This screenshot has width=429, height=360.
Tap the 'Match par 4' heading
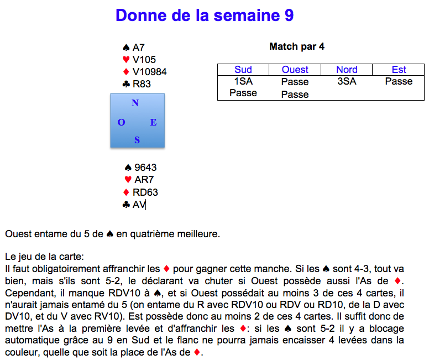pos(296,46)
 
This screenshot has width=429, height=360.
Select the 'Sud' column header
pos(243,70)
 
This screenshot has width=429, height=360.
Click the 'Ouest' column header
pos(295,70)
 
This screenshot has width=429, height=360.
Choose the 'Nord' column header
pos(347,70)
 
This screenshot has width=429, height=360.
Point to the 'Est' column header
pos(399,70)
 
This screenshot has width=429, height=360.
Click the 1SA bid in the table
pos(243,81)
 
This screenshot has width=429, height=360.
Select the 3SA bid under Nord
pos(347,81)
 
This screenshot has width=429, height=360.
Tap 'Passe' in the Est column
pos(399,81)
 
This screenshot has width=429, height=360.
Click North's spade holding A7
pos(138,48)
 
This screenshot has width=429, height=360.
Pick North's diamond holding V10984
pos(149,72)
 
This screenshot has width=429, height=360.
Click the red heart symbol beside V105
pos(126,60)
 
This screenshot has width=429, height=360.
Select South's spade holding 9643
pos(145,168)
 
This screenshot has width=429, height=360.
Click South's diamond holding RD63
pos(145,192)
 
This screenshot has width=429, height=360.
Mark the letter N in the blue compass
pos(135,103)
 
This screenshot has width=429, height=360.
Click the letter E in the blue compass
pos(153,122)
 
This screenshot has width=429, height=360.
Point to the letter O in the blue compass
pos(121,122)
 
